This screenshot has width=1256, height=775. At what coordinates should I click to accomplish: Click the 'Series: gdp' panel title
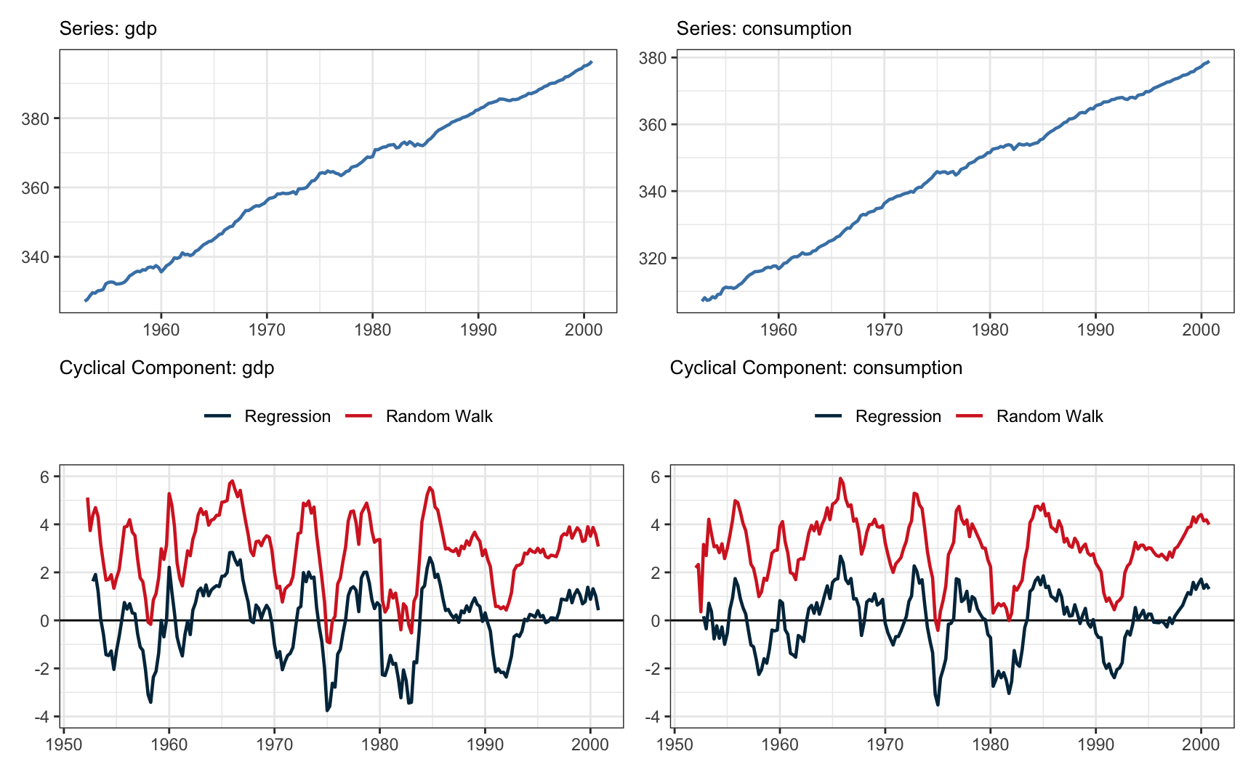(x=108, y=28)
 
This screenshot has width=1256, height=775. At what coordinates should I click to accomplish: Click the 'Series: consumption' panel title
(x=763, y=28)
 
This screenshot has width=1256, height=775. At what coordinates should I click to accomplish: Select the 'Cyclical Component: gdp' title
(x=166, y=368)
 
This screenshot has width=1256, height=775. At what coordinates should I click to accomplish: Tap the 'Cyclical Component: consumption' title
(x=816, y=368)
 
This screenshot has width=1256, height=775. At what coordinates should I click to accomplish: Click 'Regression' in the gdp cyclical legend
(x=287, y=416)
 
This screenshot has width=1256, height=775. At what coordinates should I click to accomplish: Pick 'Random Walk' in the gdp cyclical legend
(x=439, y=416)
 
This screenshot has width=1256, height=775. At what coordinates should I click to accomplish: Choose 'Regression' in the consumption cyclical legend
(x=898, y=416)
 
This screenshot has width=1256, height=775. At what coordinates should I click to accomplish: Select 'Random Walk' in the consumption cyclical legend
(x=1050, y=416)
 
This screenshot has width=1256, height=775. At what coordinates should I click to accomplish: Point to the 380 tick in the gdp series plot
(x=35, y=118)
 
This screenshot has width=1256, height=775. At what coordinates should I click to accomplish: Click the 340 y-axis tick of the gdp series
(x=35, y=257)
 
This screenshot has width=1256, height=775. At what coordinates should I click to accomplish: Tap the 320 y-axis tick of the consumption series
(x=652, y=258)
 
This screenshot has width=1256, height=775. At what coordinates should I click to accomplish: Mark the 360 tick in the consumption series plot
(x=652, y=124)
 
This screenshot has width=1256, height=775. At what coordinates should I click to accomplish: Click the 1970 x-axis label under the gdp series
(x=267, y=330)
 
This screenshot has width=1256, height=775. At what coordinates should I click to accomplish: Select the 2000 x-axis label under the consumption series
(x=1201, y=330)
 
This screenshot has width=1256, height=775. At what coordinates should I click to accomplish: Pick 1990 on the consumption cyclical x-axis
(x=1095, y=744)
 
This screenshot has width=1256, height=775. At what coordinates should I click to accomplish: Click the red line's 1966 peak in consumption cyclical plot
(x=840, y=478)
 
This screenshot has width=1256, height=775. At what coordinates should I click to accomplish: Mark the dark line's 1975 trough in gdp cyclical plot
(x=327, y=710)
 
